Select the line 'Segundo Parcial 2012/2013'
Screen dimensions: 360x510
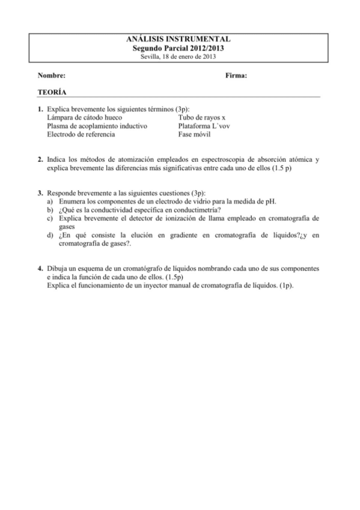(x=180, y=47)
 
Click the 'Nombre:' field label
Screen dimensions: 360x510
(x=51, y=75)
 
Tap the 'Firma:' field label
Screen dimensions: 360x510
(x=236, y=75)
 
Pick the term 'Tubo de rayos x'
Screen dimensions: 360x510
(x=201, y=118)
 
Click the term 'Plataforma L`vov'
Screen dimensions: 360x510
(x=204, y=126)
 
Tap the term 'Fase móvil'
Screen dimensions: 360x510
(x=194, y=135)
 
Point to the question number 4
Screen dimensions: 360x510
(x=40, y=267)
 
